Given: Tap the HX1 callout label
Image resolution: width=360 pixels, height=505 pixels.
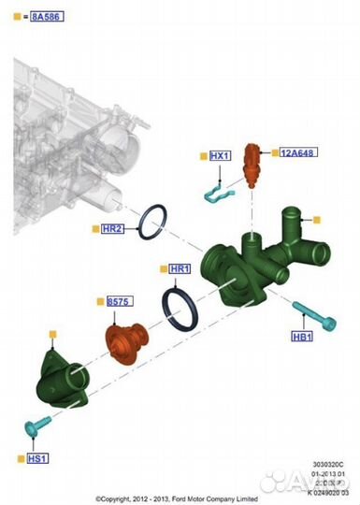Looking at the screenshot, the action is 219,155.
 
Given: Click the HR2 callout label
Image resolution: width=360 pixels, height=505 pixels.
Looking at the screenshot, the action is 113,229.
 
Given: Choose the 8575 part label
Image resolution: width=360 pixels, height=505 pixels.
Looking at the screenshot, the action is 118,302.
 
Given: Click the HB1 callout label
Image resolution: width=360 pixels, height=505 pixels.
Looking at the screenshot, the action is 301,337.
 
